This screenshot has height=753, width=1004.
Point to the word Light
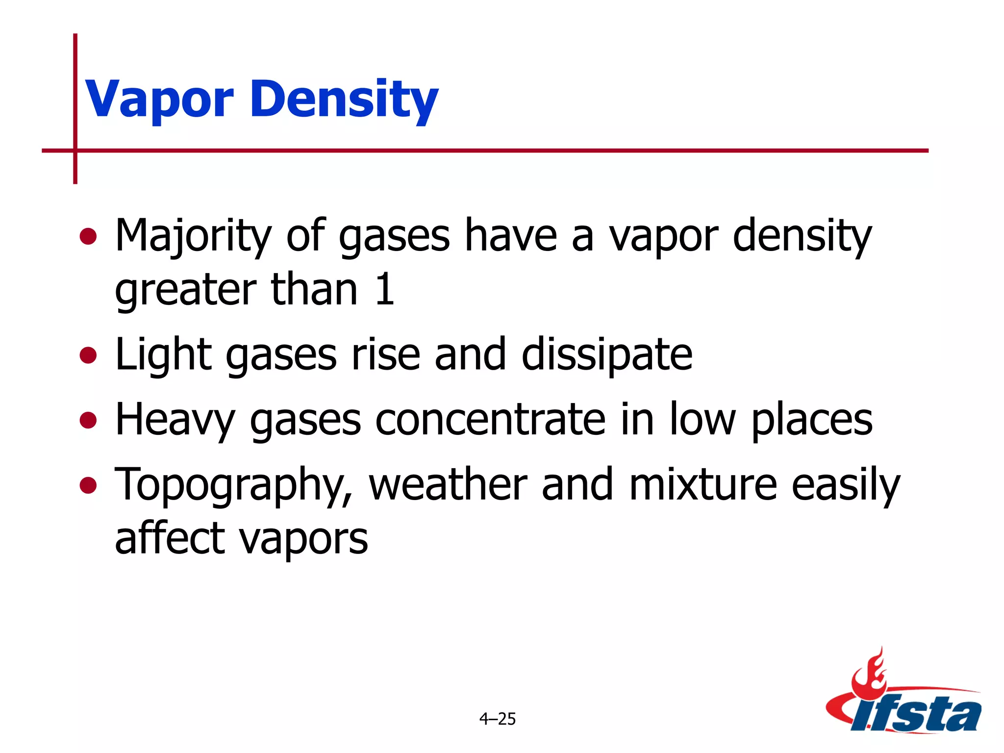pyautogui.click(x=163, y=355)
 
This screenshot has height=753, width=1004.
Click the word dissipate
pyautogui.click(x=607, y=355)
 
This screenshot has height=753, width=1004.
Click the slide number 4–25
pyautogui.click(x=498, y=719)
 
